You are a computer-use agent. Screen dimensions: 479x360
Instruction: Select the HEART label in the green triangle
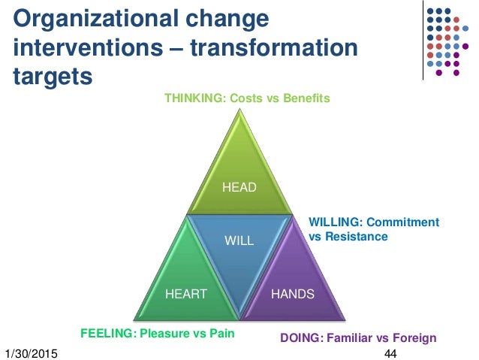[186, 294]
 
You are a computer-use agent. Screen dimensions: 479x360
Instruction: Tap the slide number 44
[390, 353]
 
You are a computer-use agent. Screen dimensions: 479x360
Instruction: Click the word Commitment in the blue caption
[405, 222]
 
